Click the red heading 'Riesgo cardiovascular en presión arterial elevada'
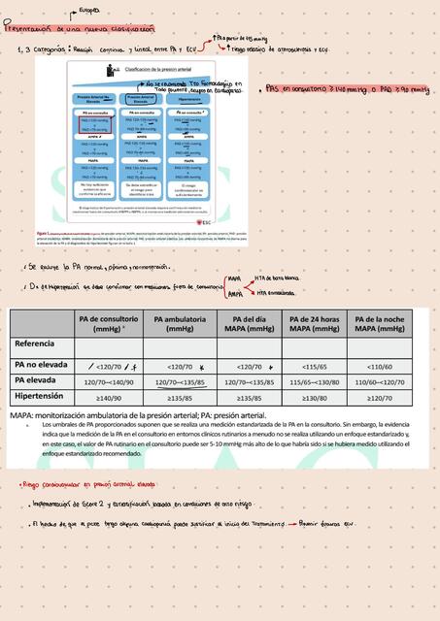[88, 483]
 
